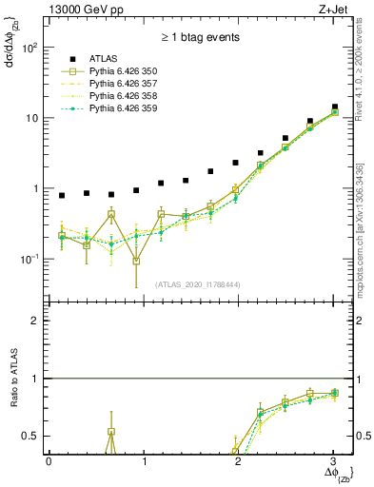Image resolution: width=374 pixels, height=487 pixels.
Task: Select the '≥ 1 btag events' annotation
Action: pyautogui.click(x=200, y=39)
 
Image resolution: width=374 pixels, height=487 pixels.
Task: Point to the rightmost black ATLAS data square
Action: pyautogui.click(x=334, y=107)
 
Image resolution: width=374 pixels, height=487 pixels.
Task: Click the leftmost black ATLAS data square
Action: pyautogui.click(x=62, y=196)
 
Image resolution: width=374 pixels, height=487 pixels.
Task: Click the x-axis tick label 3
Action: pyautogui.click(x=333, y=461)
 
